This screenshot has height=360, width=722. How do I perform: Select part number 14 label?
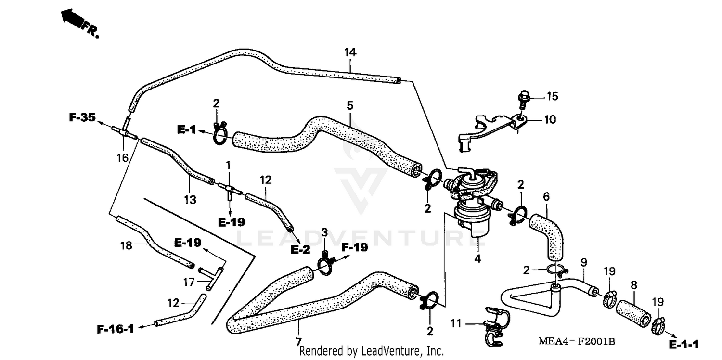click(x=350, y=53)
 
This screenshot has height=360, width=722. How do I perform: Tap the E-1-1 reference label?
click(x=683, y=344)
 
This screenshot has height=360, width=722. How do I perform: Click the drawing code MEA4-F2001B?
click(x=577, y=342)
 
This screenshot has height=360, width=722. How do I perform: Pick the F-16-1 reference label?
click(x=115, y=329)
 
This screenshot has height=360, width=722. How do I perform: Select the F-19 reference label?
click(x=354, y=248)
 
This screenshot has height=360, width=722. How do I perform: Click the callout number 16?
click(x=123, y=157)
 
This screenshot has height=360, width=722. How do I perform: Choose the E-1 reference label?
click(x=186, y=130)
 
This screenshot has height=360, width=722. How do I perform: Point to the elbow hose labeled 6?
click(x=549, y=236)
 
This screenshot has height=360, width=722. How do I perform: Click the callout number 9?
click(x=583, y=263)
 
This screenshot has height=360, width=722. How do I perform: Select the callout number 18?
click(x=126, y=246)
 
